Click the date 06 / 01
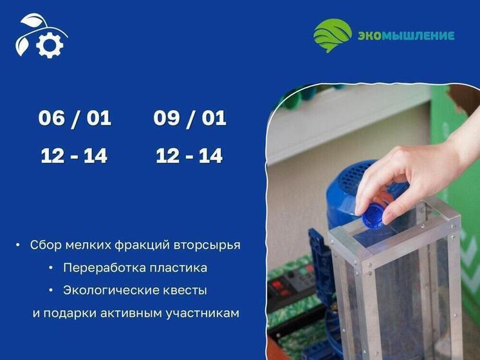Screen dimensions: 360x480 tap(75, 118)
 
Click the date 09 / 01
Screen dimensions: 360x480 tap(190, 118)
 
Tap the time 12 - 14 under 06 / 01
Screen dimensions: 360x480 tap(74, 156)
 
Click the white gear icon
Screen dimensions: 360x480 tap(50, 44)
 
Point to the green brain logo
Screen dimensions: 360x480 tap(333, 35)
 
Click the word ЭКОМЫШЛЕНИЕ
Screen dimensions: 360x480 tap(405, 35)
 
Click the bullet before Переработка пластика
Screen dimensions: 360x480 tap(50, 267)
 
